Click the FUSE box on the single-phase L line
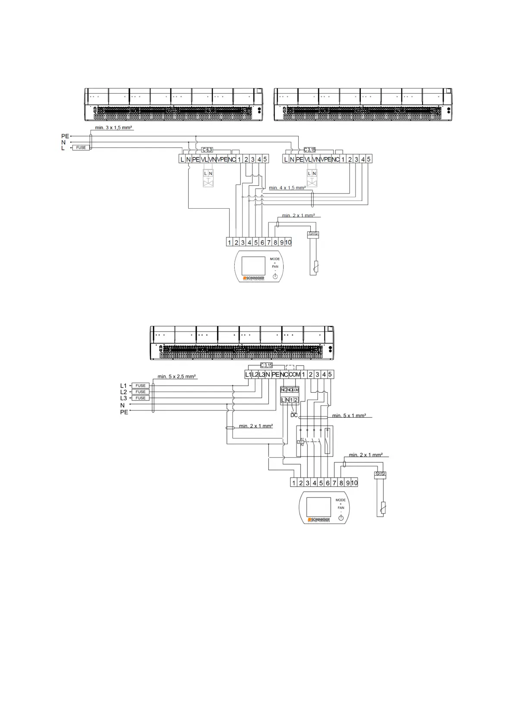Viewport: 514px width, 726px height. click(81, 147)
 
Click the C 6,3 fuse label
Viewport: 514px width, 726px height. click(207, 150)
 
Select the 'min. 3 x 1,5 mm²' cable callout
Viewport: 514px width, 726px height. click(114, 128)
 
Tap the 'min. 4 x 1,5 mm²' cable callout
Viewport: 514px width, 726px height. click(287, 188)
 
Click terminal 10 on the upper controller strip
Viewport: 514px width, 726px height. click(288, 242)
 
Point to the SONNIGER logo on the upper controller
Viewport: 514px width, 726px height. click(254, 278)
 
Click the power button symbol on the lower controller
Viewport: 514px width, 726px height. click(341, 517)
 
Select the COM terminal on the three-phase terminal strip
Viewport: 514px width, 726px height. click(294, 375)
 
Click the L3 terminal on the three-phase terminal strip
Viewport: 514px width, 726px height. click(262, 375)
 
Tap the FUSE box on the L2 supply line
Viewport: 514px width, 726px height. click(140, 392)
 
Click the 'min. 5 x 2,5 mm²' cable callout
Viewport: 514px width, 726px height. click(177, 376)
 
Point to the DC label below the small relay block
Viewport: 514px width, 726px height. click(294, 415)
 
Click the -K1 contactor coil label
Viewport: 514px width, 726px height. click(301, 442)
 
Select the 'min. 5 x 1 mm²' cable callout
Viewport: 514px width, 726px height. click(349, 416)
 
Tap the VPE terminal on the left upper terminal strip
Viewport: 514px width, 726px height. click(222, 159)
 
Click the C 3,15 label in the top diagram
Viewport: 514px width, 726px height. click(309, 150)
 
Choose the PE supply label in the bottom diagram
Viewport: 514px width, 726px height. click(124, 412)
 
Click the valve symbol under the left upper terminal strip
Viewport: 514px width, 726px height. click(208, 183)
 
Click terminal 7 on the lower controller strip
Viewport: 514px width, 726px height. click(334, 483)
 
